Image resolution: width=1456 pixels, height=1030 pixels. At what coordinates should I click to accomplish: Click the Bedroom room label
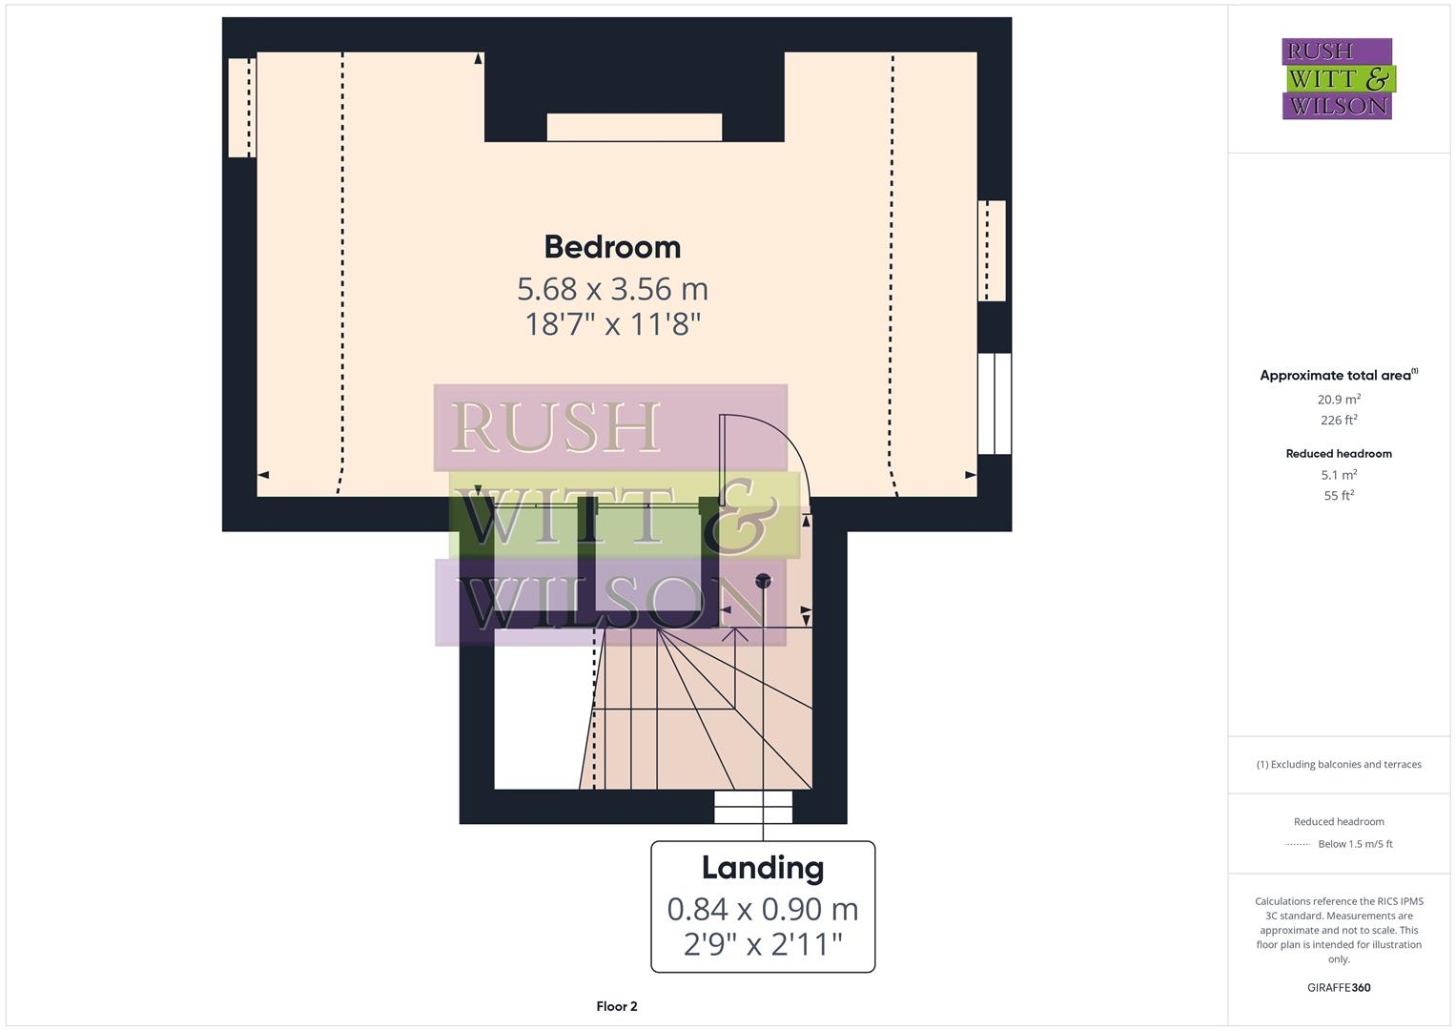coord(612,247)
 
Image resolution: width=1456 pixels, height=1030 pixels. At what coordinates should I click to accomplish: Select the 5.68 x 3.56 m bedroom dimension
coord(612,288)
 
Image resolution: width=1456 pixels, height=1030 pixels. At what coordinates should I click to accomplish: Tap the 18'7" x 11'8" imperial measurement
coord(612,324)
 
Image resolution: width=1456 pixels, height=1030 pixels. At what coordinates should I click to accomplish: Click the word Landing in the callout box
coord(762,868)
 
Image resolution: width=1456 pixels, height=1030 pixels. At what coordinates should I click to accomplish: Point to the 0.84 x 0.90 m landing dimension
coord(762,909)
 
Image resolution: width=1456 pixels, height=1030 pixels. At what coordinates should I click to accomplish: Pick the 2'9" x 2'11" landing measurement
coord(762,944)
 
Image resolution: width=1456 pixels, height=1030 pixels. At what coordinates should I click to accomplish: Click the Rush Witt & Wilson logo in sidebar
coord(1337,79)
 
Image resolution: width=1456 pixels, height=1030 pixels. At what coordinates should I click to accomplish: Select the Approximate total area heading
coord(1338,376)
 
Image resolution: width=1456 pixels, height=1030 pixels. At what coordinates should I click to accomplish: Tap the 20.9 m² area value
coord(1338,400)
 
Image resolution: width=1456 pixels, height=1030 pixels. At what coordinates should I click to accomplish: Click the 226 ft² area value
coord(1338,421)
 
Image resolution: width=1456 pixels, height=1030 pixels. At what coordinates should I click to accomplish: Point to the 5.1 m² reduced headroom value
coord(1338,475)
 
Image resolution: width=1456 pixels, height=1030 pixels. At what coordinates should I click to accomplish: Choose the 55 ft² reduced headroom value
coord(1338,496)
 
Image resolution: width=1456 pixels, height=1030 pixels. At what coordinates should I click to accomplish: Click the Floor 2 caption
coord(616,1006)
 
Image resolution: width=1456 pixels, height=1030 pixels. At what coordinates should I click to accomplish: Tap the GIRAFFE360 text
coord(1338,988)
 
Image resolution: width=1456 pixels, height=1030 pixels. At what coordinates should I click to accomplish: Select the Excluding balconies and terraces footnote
coord(1338,765)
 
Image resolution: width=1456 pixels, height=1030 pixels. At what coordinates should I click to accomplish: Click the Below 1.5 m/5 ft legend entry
coord(1354,844)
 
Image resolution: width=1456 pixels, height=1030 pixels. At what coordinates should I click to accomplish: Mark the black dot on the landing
coord(763,580)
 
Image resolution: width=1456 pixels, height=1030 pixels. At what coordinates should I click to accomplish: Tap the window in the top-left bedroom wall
coord(241,107)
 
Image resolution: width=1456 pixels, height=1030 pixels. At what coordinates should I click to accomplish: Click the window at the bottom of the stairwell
coord(753,807)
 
